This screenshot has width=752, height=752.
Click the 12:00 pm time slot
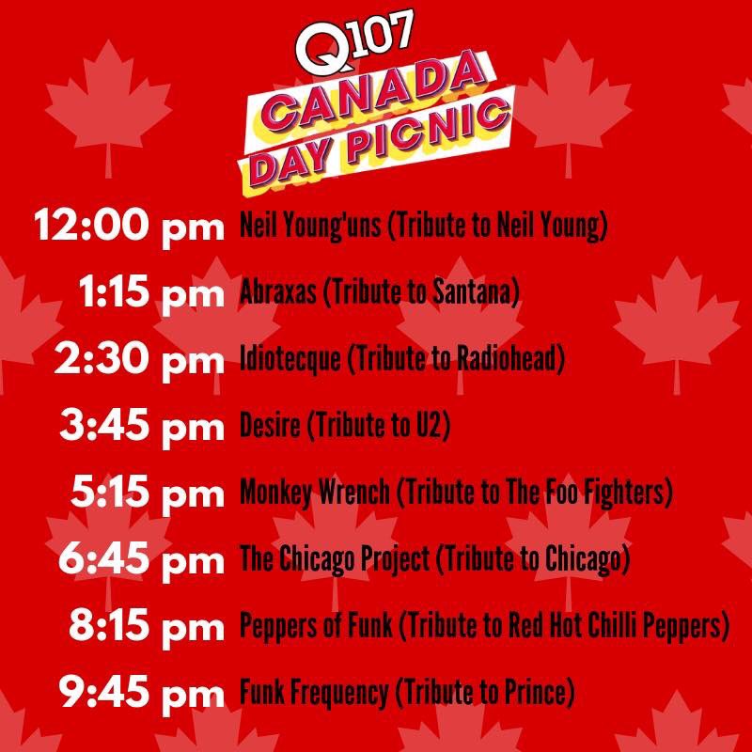pos(126,227)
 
